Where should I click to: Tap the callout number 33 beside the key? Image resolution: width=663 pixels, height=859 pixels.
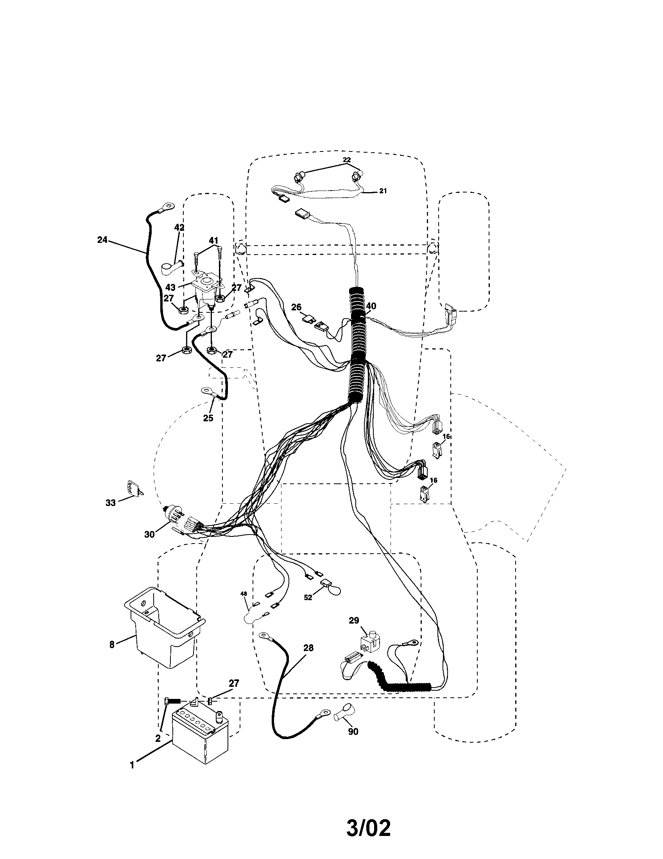[111, 503]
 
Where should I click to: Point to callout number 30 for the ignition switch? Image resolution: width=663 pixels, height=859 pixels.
[149, 535]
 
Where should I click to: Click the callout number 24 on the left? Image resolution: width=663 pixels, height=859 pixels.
[102, 239]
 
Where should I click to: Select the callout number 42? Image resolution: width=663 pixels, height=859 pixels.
[179, 227]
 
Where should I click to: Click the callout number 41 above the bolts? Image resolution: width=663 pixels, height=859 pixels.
[213, 240]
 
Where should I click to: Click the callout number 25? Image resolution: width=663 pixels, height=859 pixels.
[208, 418]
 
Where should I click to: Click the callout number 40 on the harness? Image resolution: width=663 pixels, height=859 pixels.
[371, 306]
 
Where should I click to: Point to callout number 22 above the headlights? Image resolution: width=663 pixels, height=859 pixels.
[346, 160]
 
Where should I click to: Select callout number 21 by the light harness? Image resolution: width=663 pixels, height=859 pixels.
[383, 191]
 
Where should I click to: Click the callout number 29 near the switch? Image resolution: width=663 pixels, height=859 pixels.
[354, 620]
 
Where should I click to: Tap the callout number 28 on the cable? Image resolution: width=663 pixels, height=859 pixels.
[308, 648]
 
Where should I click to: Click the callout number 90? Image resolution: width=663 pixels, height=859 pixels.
[353, 732]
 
